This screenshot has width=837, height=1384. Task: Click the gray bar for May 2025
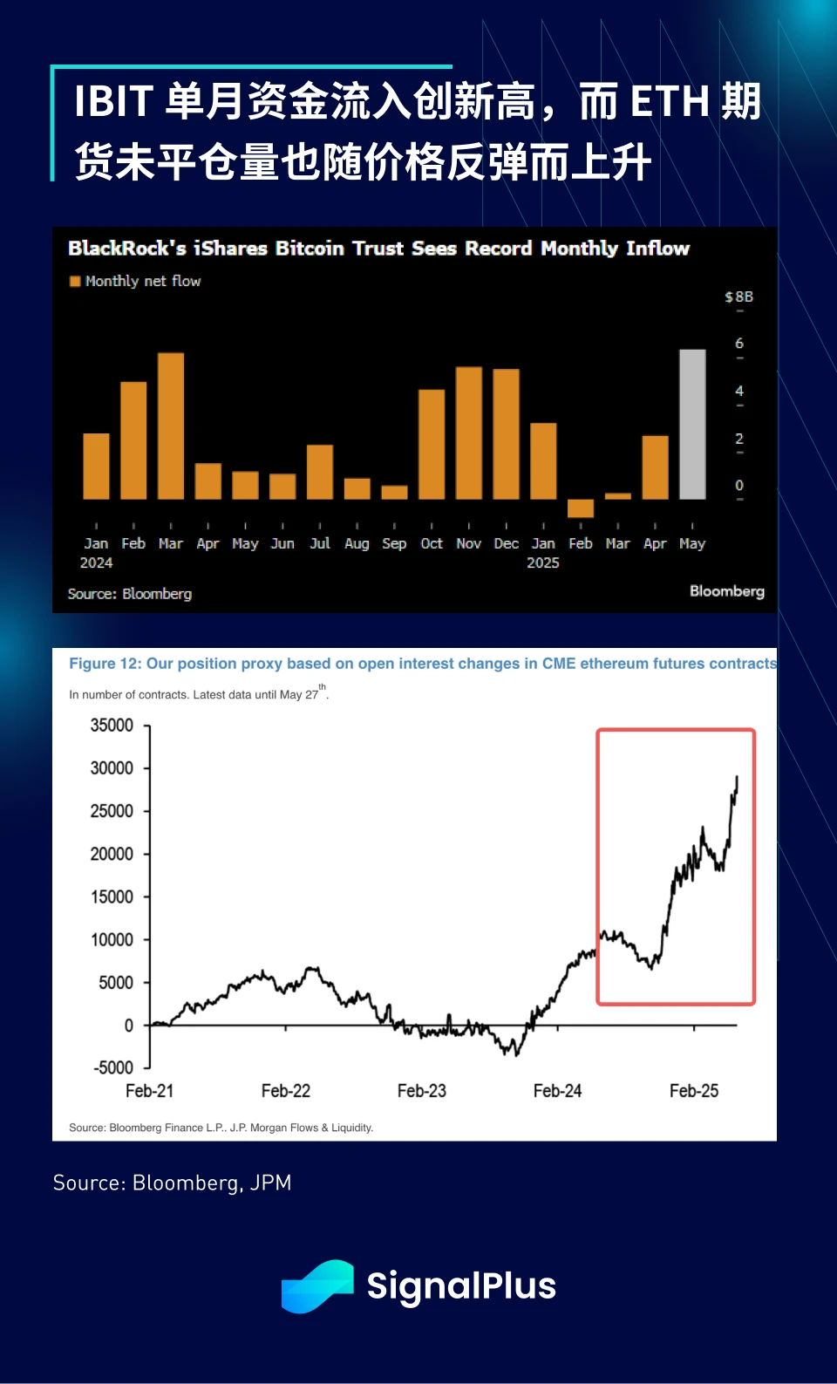pyautogui.click(x=692, y=424)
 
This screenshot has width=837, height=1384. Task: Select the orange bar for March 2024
pyautogui.click(x=171, y=426)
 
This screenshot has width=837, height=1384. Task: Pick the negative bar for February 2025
pyautogui.click(x=581, y=508)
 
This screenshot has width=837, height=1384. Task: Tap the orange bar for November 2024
pyautogui.click(x=469, y=433)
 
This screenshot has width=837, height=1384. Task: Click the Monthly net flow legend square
pyautogui.click(x=75, y=282)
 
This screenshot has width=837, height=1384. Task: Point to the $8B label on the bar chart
pyautogui.click(x=738, y=297)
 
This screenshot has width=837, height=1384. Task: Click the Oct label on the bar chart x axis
pyautogui.click(x=432, y=543)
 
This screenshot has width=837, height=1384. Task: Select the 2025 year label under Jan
pyautogui.click(x=543, y=563)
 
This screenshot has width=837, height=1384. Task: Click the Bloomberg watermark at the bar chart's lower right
pyautogui.click(x=726, y=591)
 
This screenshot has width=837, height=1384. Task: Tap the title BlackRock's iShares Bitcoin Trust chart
pyautogui.click(x=378, y=249)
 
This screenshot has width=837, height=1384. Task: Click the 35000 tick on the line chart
pyautogui.click(x=112, y=726)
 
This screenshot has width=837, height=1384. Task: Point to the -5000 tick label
pyautogui.click(x=113, y=1067)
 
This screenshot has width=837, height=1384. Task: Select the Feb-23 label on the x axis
pyautogui.click(x=422, y=1091)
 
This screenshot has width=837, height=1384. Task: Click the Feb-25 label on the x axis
pyautogui.click(x=694, y=1091)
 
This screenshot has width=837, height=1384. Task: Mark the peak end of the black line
pyautogui.click(x=737, y=778)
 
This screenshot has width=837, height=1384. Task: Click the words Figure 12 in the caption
pyautogui.click(x=105, y=664)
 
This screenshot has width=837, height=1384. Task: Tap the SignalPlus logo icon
pyautogui.click(x=317, y=1285)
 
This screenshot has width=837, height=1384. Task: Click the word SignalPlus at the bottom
pyautogui.click(x=461, y=1286)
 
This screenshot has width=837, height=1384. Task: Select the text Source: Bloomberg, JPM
pyautogui.click(x=173, y=1183)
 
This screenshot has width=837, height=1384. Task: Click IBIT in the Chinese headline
pyautogui.click(x=114, y=101)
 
